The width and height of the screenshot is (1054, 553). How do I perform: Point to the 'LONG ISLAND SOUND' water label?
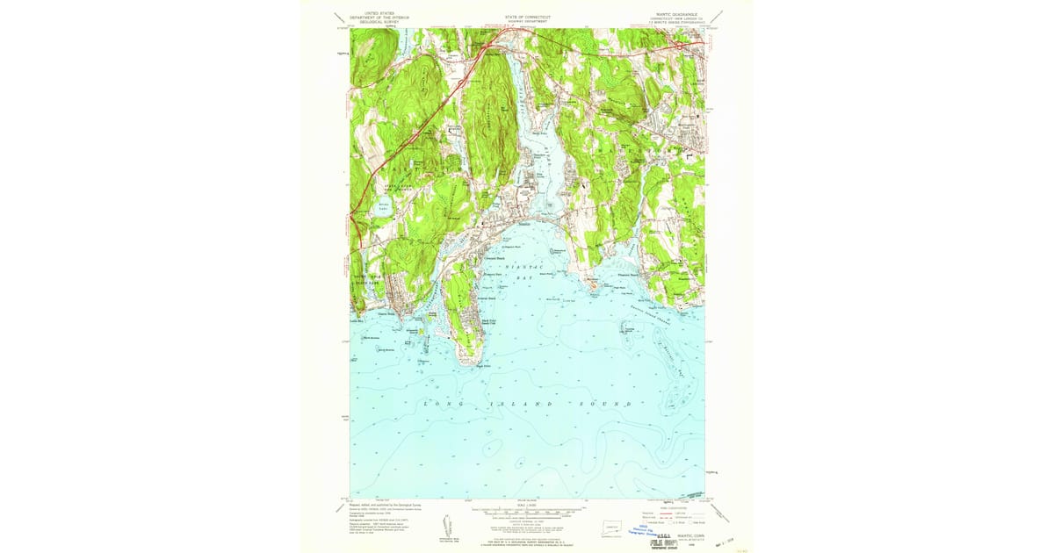click(527, 404)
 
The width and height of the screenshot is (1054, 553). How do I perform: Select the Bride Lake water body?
click(383, 205)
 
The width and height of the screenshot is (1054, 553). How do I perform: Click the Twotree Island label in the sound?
click(629, 329)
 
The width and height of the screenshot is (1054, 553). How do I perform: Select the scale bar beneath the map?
click(527, 512)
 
